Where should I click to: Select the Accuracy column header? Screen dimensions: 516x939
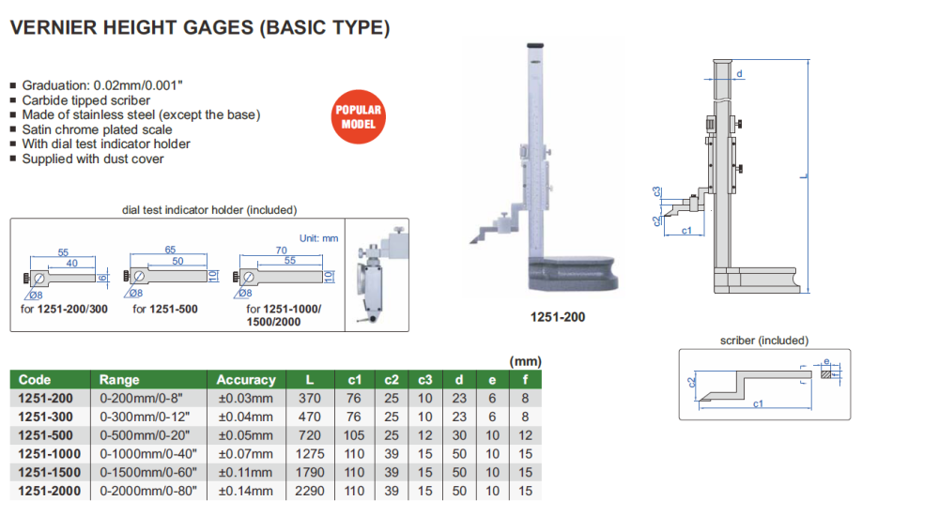click(x=246, y=380)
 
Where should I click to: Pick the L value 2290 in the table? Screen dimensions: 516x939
click(x=310, y=491)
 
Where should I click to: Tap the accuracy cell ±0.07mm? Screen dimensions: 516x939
click(x=246, y=454)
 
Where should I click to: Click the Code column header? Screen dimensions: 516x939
click(x=35, y=380)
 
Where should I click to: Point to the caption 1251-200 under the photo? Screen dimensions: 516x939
click(x=558, y=317)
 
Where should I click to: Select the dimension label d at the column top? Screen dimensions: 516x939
click(x=740, y=73)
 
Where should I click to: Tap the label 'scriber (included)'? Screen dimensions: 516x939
click(x=763, y=341)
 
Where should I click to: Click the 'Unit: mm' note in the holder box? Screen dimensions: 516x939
click(x=317, y=238)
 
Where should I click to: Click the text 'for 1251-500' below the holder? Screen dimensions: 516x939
click(x=164, y=309)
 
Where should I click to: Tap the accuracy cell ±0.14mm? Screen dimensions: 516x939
click(x=246, y=491)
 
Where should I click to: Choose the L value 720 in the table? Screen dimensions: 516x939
click(x=310, y=435)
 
